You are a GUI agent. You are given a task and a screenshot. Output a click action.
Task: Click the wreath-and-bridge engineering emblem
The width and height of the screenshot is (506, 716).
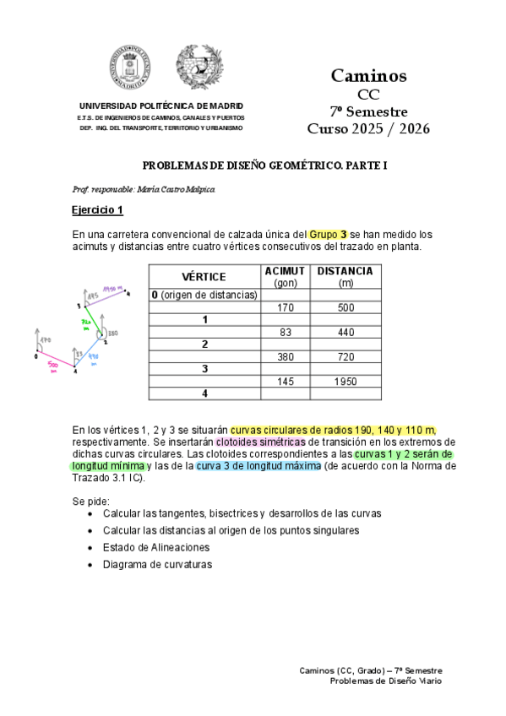point(199,67)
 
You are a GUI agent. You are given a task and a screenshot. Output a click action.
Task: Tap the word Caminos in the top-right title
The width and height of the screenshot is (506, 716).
point(367,76)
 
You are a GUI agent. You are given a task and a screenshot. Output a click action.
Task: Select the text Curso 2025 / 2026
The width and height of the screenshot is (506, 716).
point(367,129)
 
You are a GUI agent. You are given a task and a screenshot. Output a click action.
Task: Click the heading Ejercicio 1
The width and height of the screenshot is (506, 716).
point(98,210)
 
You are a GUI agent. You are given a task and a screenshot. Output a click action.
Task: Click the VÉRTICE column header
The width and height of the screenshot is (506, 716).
point(204,277)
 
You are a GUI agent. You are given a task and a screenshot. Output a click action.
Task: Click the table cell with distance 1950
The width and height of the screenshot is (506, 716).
point(346,381)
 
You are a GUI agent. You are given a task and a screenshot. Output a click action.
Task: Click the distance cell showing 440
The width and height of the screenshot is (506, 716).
point(346,332)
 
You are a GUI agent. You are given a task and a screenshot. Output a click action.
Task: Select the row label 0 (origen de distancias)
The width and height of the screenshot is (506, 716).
point(204,295)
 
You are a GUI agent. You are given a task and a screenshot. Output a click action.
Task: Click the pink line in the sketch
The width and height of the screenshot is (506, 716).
point(56,361)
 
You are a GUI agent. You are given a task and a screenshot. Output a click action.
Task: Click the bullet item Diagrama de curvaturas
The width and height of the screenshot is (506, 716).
point(157,564)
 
